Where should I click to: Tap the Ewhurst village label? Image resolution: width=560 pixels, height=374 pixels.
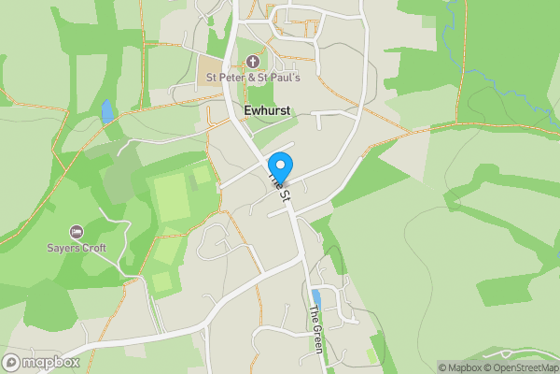click(265, 110)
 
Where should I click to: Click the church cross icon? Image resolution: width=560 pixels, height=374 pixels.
click(251, 63)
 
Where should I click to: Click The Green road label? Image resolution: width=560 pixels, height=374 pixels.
click(316, 329)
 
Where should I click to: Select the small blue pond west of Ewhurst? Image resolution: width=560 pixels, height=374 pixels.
click(107, 111)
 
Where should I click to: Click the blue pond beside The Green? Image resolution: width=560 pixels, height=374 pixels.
click(315, 297)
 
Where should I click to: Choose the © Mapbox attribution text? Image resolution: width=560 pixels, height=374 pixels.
click(458, 367)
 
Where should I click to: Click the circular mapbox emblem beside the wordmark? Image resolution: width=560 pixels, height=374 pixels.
click(12, 363)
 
